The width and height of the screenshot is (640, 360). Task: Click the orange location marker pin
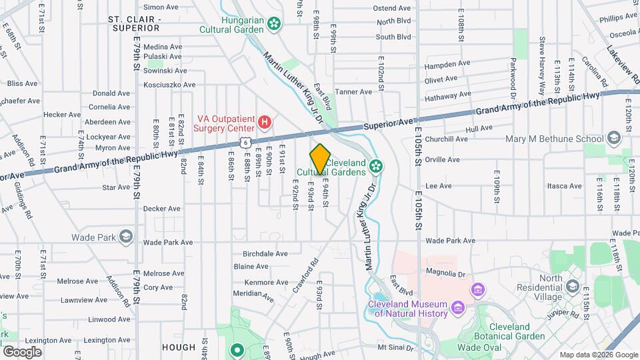320,158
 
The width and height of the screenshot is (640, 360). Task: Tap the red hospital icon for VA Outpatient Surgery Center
265,122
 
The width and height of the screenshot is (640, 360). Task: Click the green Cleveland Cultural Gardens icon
377,165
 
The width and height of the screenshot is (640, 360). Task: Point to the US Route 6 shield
246,143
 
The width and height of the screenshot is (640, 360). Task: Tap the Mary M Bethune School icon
613,139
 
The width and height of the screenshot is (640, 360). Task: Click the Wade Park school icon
125,237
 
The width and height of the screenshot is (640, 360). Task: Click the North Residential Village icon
572,287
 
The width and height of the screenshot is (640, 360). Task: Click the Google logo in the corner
21,351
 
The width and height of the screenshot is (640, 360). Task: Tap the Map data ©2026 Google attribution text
598,355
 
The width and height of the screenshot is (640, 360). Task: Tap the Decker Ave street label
162,208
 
